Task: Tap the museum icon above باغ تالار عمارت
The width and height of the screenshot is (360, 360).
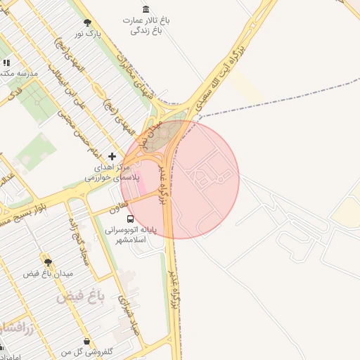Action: click(146, 9)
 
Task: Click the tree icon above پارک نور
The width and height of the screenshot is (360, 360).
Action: click(87, 22)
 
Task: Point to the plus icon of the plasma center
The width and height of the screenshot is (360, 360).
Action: click(112, 155)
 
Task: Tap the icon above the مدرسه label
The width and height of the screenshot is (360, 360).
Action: click(6, 63)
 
